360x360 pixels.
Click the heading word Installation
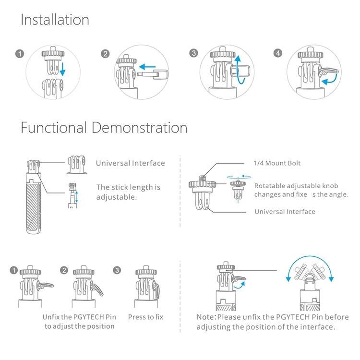point(55,20)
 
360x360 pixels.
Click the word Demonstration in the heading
point(139,128)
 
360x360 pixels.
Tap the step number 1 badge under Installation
point(20,53)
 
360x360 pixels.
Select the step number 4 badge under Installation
point(277,53)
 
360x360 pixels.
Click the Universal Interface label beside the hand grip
point(130,163)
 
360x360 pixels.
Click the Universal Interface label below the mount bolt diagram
point(285,211)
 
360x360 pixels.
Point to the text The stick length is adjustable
point(128,192)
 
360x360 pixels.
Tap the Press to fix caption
point(145,317)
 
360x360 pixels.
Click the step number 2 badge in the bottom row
point(64,270)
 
